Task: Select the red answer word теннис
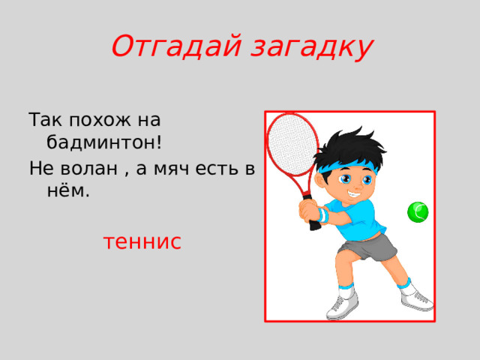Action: coord(142,242)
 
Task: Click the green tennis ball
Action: coord(418,212)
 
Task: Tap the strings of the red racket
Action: coord(286,142)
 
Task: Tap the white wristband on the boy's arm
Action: coord(322,215)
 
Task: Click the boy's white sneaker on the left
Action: coord(341,306)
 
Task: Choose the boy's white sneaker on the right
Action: coord(417,299)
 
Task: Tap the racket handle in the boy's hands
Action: coord(307,207)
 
